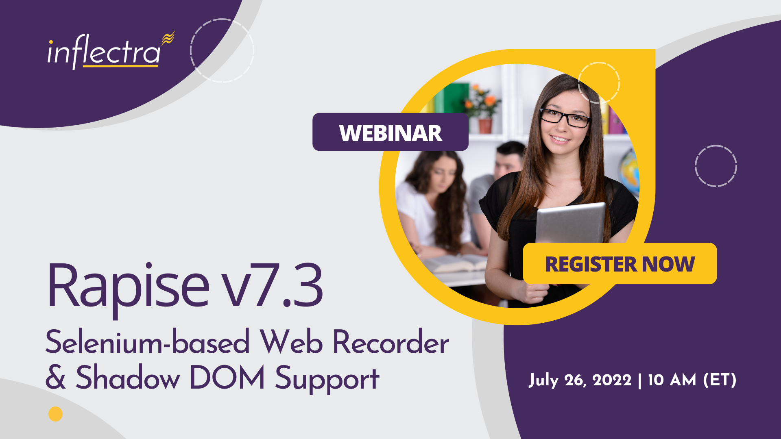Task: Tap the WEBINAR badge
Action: point(390,132)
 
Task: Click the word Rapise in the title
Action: point(128,286)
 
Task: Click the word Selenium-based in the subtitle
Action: point(147,342)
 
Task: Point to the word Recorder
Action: point(391,342)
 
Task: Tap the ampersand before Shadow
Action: point(55,377)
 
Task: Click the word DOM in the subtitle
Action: point(227,377)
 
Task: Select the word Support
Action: point(327,379)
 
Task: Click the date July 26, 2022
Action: point(580,380)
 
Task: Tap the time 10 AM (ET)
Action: point(692,380)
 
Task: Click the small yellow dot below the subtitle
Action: point(56,414)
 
